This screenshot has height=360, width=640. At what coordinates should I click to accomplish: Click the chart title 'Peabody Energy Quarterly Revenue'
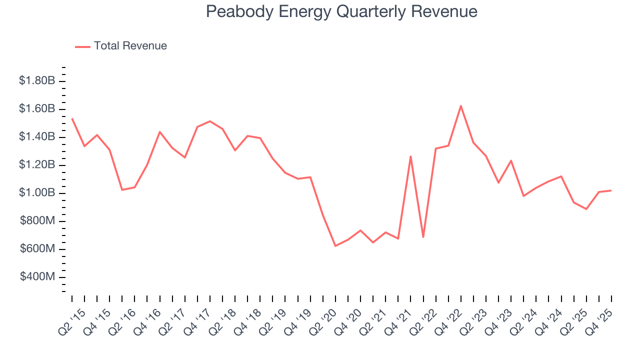[x=341, y=11]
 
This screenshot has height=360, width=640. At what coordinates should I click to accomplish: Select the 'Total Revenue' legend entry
[x=130, y=46]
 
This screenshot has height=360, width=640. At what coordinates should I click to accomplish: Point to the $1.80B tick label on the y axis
[x=36, y=81]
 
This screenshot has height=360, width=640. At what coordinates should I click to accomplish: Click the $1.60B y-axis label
[x=36, y=109]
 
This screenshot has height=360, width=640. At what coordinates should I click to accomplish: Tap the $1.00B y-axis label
[x=36, y=193]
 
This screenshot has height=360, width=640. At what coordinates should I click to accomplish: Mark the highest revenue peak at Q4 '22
[x=460, y=106]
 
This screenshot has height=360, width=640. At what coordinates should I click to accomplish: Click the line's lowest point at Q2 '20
[x=335, y=246]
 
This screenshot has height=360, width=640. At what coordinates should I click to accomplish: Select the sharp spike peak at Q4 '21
[x=410, y=156]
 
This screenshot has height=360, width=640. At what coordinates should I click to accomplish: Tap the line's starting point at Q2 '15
[x=72, y=118]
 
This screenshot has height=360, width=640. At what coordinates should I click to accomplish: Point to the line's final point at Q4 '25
[x=611, y=190]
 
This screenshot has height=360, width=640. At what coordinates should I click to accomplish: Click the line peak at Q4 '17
[x=209, y=121]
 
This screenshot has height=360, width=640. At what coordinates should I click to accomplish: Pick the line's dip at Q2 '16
[x=122, y=190]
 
